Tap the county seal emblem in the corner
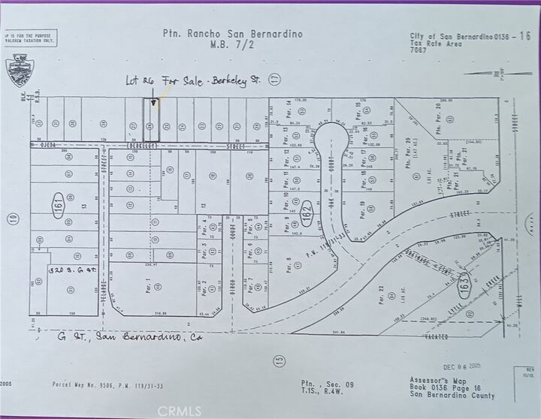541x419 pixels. [x=17, y=69]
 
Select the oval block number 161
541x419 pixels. [x=58, y=204]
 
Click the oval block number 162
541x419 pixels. [x=306, y=213]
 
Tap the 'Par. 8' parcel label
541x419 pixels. [x=289, y=264]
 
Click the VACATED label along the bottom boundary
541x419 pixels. [x=436, y=337]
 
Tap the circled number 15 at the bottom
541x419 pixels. [x=280, y=360]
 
